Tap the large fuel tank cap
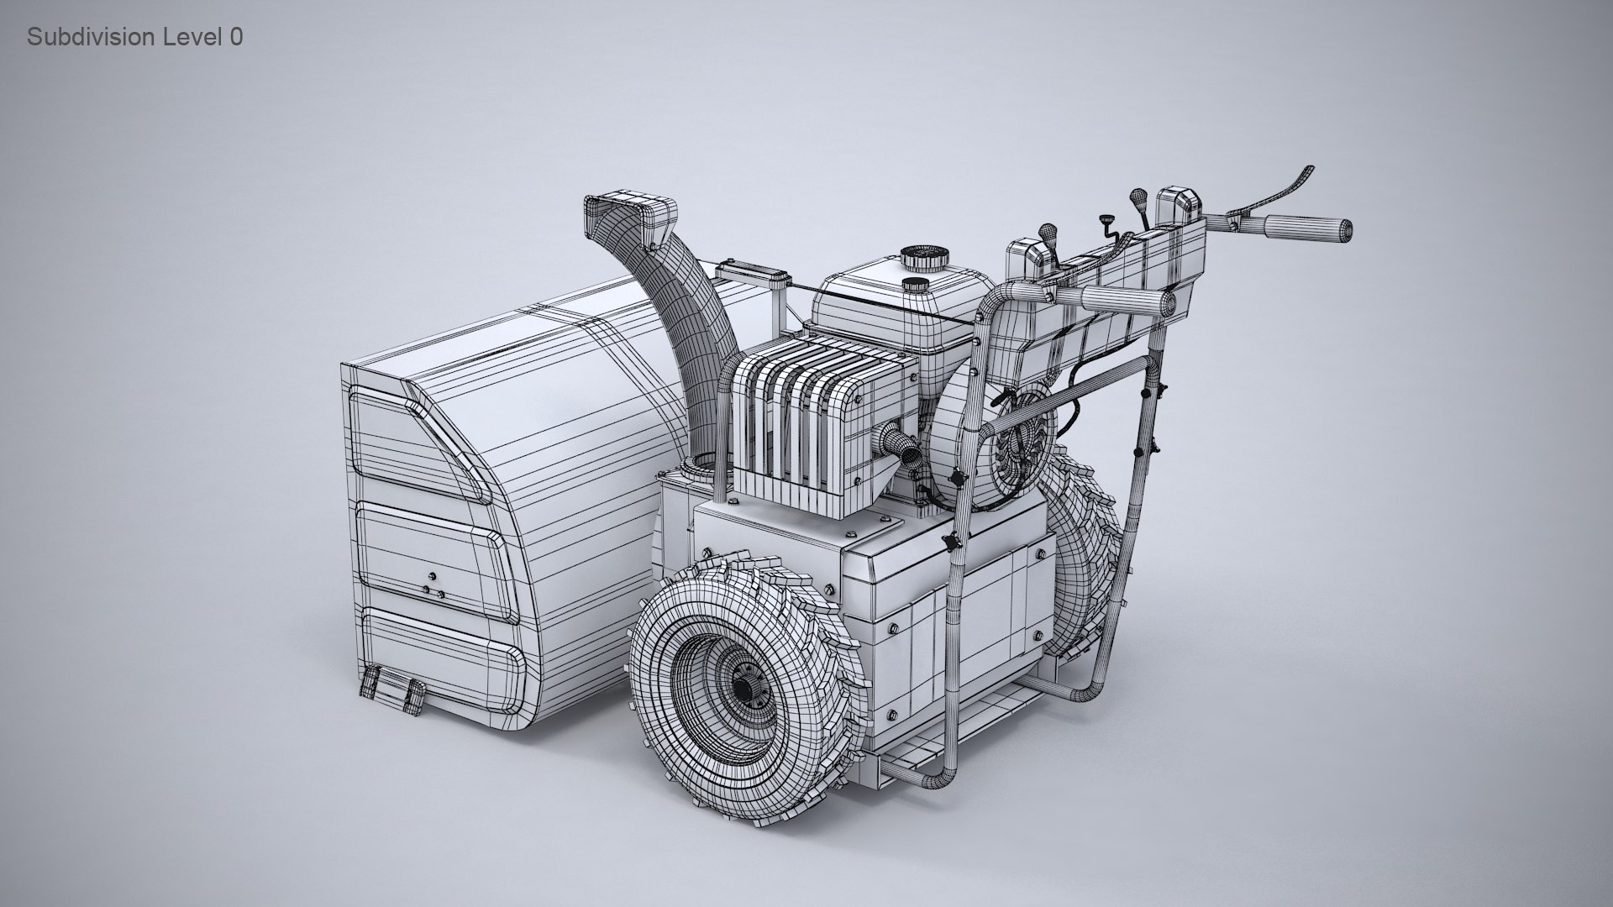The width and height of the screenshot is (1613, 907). [924, 257]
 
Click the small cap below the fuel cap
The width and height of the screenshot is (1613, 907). [914, 284]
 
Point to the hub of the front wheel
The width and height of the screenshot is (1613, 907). [743, 686]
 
